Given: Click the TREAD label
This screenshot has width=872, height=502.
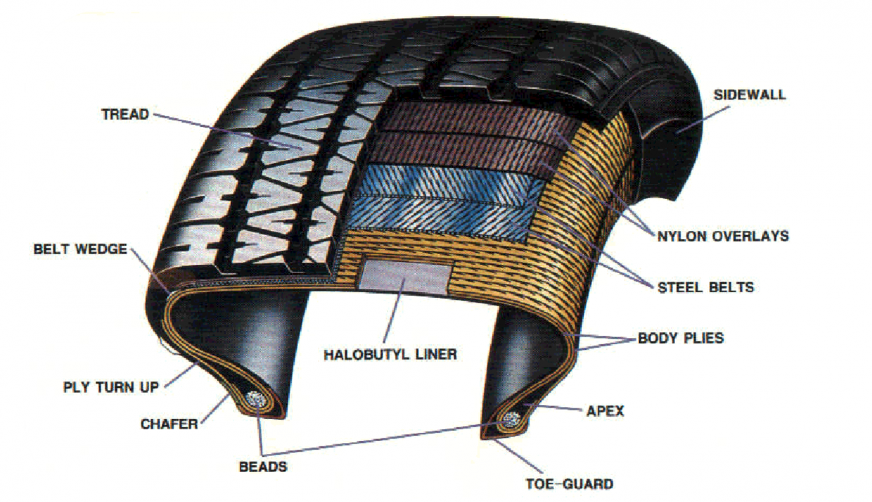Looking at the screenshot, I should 125,114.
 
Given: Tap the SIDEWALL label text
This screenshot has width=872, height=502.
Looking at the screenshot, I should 749,95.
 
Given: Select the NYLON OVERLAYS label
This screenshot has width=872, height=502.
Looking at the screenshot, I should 723,236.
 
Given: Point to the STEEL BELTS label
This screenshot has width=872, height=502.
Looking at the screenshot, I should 706,287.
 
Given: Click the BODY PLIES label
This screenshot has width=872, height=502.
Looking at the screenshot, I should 681,338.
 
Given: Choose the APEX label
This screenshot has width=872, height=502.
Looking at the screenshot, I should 605,411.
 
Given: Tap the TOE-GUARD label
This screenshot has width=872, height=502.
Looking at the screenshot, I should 569,484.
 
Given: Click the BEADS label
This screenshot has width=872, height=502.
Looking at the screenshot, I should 263,467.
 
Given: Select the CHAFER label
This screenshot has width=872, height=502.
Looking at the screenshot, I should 169,424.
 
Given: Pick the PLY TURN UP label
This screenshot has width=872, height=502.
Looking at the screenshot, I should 111,387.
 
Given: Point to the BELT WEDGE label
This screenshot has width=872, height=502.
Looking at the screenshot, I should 80,249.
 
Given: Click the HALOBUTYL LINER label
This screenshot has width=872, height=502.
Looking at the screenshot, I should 390,354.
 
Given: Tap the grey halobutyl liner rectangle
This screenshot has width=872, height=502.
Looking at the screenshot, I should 405,277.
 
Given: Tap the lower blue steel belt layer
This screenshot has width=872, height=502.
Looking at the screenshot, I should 443,213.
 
